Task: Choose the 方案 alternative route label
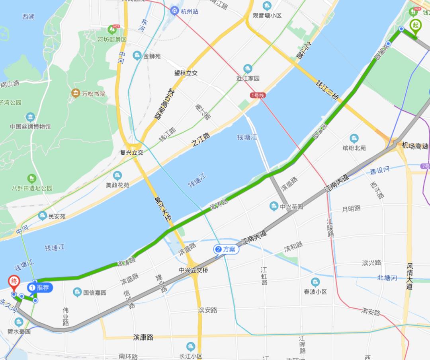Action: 226,249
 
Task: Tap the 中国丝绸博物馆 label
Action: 31,126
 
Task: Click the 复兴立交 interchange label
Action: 132,152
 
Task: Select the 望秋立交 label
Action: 186,73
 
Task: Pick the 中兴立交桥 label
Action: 193,270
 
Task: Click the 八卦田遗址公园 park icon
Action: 32,179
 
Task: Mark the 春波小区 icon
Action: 315,282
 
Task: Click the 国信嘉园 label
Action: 95,293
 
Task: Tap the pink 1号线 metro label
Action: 258,95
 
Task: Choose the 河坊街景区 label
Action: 112,39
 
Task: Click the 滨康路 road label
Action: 143,337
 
